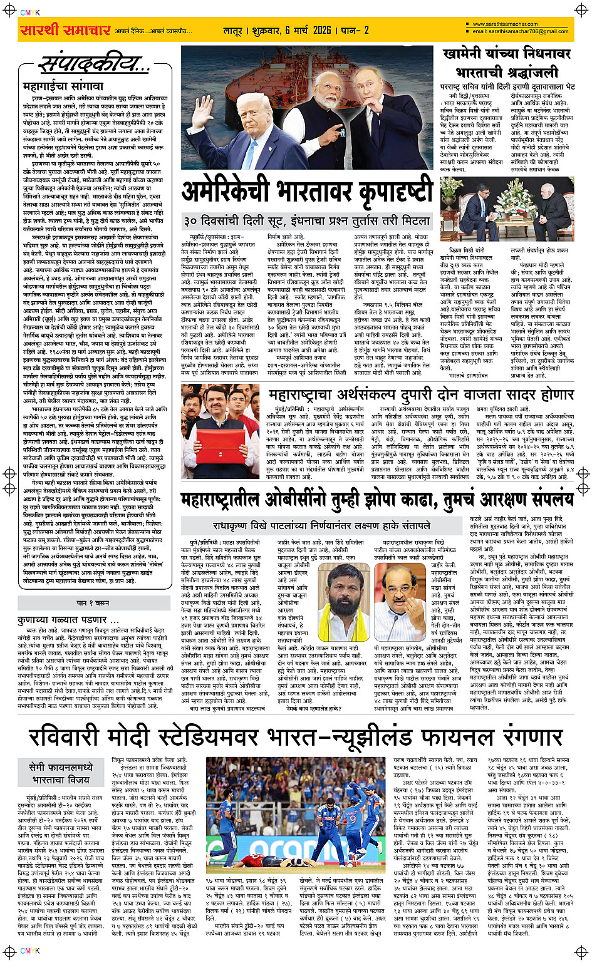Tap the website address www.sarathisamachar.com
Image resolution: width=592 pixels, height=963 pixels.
click(504, 24)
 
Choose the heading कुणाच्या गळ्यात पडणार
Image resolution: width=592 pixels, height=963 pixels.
click(63, 619)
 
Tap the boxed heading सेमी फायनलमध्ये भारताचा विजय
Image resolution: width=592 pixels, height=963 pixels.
click(62, 773)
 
